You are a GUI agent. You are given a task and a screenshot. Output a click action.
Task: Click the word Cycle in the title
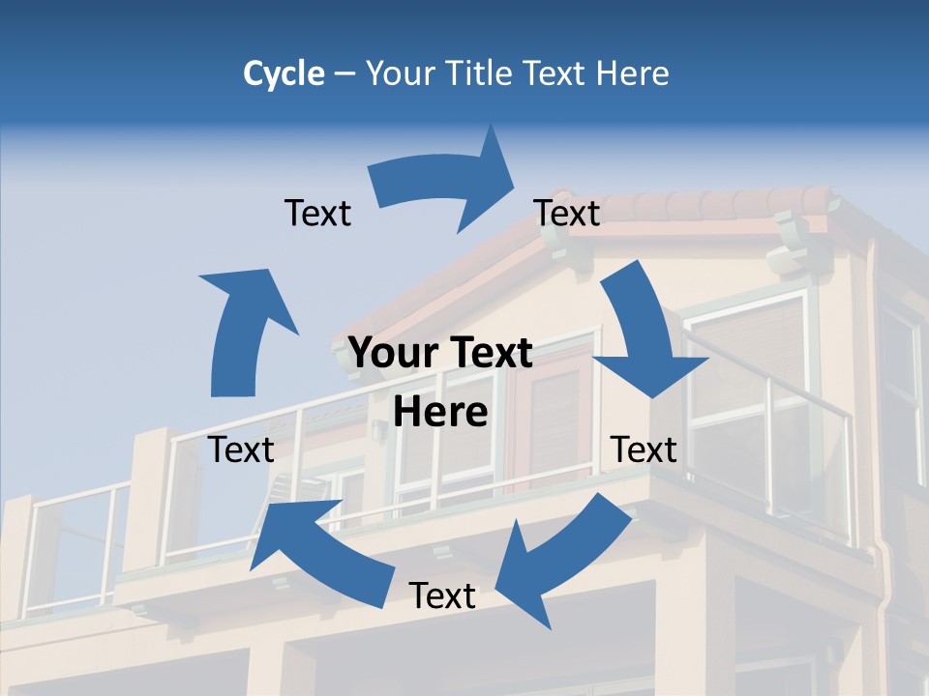284,73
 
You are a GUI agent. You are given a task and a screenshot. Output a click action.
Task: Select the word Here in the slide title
631,73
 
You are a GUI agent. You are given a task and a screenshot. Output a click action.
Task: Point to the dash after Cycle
345,74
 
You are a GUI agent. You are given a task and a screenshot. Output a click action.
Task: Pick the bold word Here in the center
440,413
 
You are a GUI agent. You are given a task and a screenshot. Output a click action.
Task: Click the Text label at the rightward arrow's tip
567,213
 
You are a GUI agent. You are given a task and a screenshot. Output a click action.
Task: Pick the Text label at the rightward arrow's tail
317,213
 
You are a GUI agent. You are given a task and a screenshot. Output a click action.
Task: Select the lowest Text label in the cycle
442,595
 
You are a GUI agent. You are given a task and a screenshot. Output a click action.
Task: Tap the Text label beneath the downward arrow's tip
644,449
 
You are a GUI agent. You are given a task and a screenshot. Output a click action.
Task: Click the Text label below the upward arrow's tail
241,449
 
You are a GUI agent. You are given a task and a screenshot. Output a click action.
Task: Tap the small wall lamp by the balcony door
378,430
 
